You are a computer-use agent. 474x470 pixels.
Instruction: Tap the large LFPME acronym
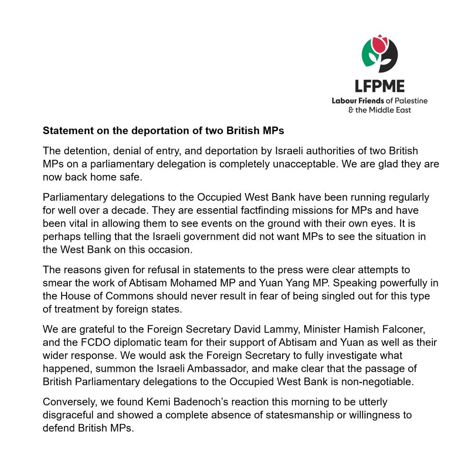click(380, 86)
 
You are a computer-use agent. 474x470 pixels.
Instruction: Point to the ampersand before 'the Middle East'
click(351, 110)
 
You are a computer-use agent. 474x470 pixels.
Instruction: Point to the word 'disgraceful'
click(65, 415)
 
